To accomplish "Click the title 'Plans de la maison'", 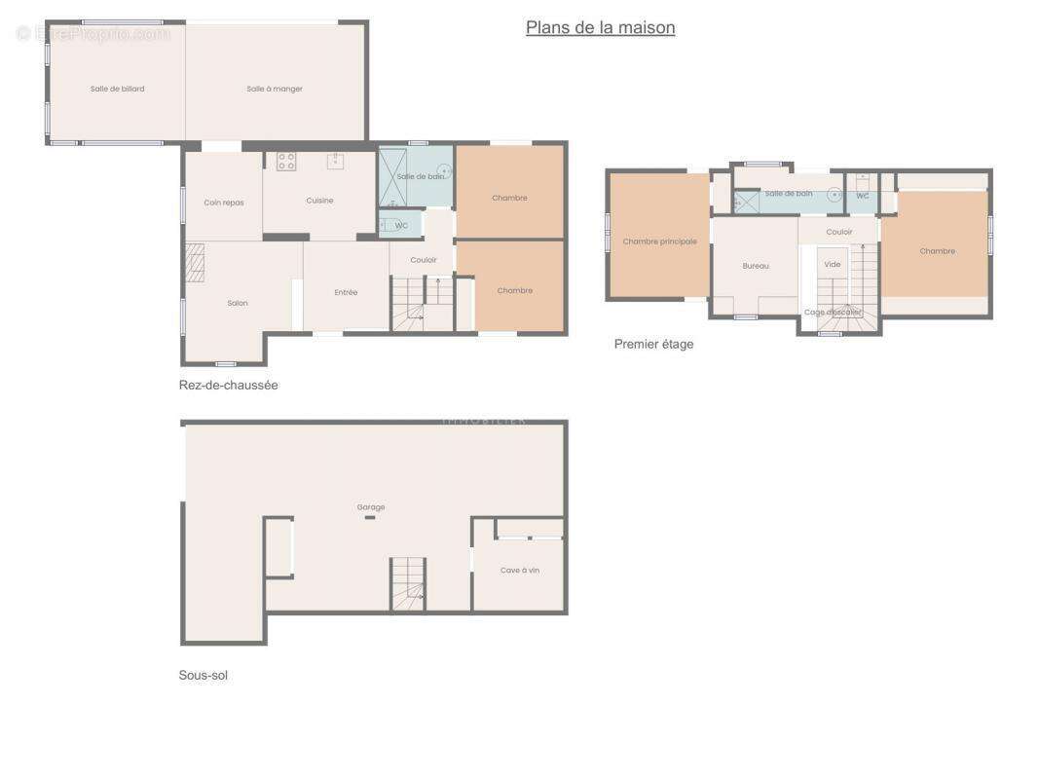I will click(x=600, y=27).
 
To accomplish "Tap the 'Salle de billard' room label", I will click(x=118, y=89).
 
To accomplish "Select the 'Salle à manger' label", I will click(x=275, y=89).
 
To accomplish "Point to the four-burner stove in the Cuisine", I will click(x=286, y=162).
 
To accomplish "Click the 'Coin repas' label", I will click(x=224, y=203).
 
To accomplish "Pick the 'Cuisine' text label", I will click(x=319, y=201).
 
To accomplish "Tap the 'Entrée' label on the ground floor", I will click(x=346, y=292).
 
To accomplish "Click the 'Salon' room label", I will click(x=238, y=303).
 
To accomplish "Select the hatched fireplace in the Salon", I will click(x=196, y=262).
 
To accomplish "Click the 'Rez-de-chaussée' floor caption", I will click(x=229, y=385).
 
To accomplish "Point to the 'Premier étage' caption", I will click(x=653, y=344).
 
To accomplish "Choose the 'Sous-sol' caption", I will click(x=204, y=675).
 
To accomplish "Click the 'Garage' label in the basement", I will click(x=371, y=506).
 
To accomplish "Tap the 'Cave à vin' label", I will click(x=520, y=570).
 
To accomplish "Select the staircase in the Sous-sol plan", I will click(x=409, y=584).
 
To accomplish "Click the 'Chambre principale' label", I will click(x=659, y=241).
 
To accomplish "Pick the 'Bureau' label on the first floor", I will click(x=756, y=266).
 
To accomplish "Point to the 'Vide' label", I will click(x=833, y=264).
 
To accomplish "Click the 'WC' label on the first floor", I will click(x=863, y=196).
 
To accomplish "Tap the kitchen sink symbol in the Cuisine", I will click(x=334, y=161).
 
